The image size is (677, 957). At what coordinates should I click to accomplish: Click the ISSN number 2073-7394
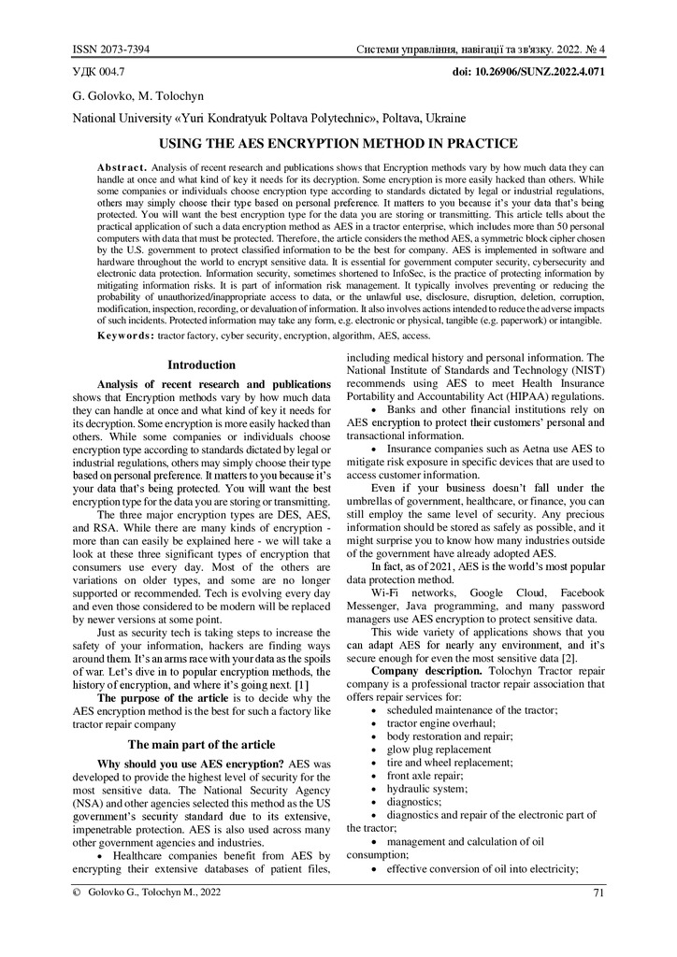click(x=126, y=49)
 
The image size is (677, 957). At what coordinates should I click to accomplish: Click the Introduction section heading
click(x=201, y=365)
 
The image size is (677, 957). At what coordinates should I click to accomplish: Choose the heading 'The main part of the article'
click(x=201, y=745)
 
